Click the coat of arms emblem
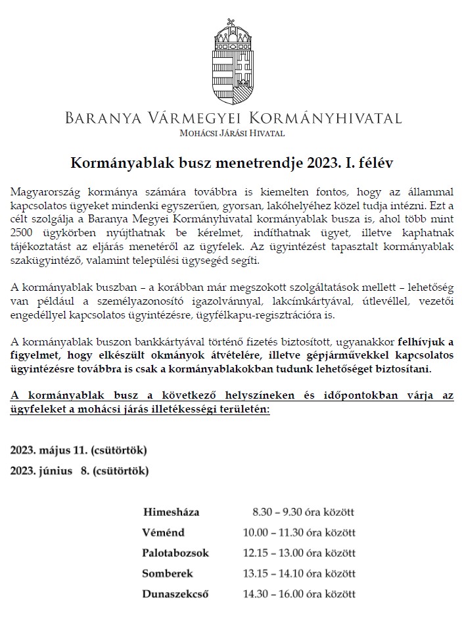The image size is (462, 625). tap(232, 66)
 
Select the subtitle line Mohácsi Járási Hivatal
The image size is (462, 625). tap(233, 133)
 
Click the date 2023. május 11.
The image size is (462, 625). tap(50, 451)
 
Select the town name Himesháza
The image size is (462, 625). tap(170, 511)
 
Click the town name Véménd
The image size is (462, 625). tap(163, 532)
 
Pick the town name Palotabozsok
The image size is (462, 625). tap(175, 553)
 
